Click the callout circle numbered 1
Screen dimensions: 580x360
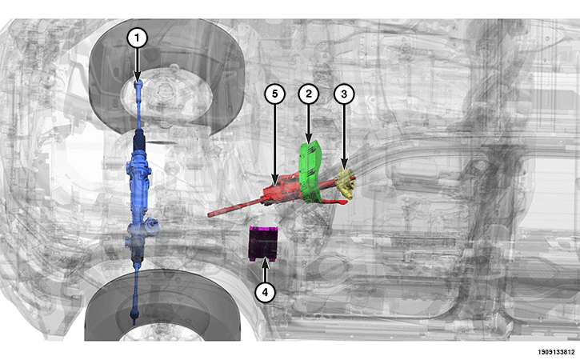point(138,38)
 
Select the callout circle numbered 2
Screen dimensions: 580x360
point(309,94)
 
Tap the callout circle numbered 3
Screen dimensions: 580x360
point(344,94)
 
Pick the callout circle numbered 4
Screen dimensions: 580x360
point(266,292)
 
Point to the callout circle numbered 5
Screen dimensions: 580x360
point(274,94)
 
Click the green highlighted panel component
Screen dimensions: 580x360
point(310,172)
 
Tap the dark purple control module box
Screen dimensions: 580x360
point(263,243)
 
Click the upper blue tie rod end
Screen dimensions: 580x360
point(138,87)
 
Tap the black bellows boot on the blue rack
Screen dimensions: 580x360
point(139,141)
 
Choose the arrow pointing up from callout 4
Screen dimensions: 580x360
point(266,271)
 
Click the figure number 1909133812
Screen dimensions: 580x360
point(556,352)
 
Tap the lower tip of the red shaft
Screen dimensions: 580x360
point(210,215)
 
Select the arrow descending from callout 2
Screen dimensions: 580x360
point(309,124)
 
